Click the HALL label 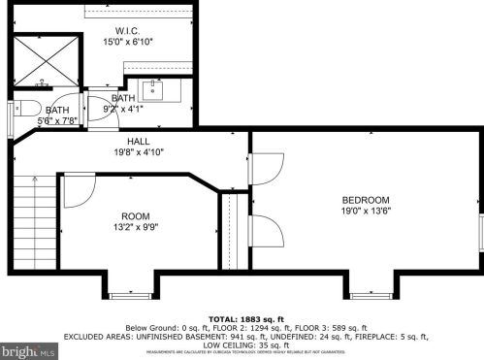tap(138, 142)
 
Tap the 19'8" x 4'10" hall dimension tap(138, 152)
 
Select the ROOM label tap(135, 215)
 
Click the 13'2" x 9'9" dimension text tap(135, 226)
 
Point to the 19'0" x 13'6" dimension tap(365, 211)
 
